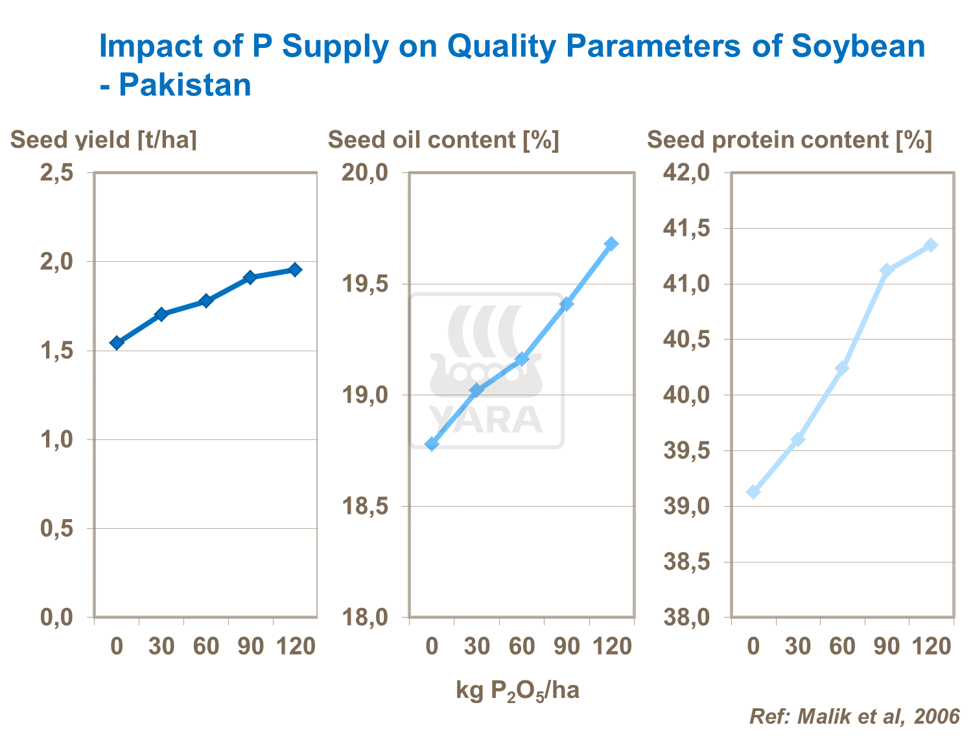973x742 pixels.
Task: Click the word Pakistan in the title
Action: point(185,86)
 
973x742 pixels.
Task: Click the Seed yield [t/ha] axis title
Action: point(104,140)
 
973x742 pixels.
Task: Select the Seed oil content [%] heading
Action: point(443,140)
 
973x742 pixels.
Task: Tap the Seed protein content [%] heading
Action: point(789,140)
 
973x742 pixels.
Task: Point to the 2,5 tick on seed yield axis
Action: point(56,173)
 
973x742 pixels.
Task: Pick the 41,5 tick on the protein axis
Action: point(686,228)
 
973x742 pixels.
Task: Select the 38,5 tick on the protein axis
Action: point(686,562)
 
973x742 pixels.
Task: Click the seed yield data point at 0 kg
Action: point(117,343)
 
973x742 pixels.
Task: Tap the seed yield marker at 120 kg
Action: point(295,270)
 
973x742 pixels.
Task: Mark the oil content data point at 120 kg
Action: point(611,244)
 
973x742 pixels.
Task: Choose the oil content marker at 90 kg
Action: point(567,304)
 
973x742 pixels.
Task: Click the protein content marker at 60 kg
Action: point(842,368)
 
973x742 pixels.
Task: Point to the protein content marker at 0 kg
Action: point(753,492)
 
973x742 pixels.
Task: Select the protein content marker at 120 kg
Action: point(931,245)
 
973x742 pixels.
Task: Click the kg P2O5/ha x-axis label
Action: point(517,691)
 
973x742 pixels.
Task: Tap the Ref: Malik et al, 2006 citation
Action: point(854,716)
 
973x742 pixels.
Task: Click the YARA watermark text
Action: point(486,419)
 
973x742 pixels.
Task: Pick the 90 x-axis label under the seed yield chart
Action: point(251,646)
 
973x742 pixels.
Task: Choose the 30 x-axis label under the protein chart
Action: point(798,646)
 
